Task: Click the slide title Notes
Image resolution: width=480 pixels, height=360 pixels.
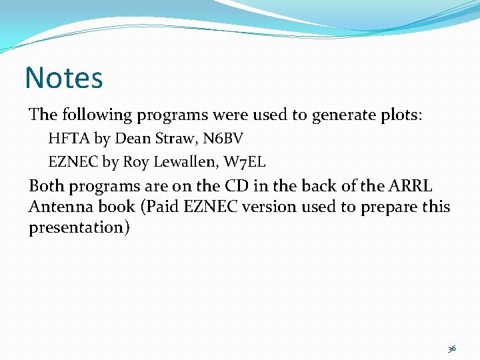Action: pyautogui.click(x=64, y=77)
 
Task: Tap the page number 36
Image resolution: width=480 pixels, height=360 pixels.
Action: pyautogui.click(x=452, y=348)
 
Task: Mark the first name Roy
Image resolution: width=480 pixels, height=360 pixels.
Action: pyautogui.click(x=135, y=161)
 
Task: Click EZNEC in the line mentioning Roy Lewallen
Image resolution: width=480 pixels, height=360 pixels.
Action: pyautogui.click(x=73, y=161)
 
